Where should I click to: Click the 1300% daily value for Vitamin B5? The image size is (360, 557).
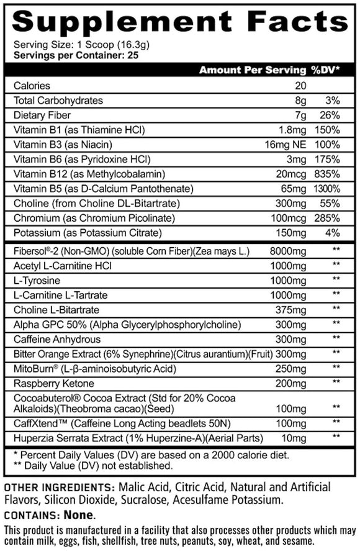[x=326, y=189]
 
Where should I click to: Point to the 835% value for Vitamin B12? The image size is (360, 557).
[x=326, y=174]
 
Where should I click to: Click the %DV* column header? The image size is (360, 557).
[x=325, y=70]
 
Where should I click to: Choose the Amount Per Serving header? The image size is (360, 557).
[x=252, y=70]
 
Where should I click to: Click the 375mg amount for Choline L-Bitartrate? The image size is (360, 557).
[x=293, y=309]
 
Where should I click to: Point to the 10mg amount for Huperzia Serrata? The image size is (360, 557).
[x=295, y=438]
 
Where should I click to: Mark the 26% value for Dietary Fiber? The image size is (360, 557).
[x=328, y=115]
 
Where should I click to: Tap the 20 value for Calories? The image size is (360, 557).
[x=301, y=86]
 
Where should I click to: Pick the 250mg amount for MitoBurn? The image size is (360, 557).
[x=293, y=368]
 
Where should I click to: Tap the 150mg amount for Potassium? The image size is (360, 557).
[x=293, y=233]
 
